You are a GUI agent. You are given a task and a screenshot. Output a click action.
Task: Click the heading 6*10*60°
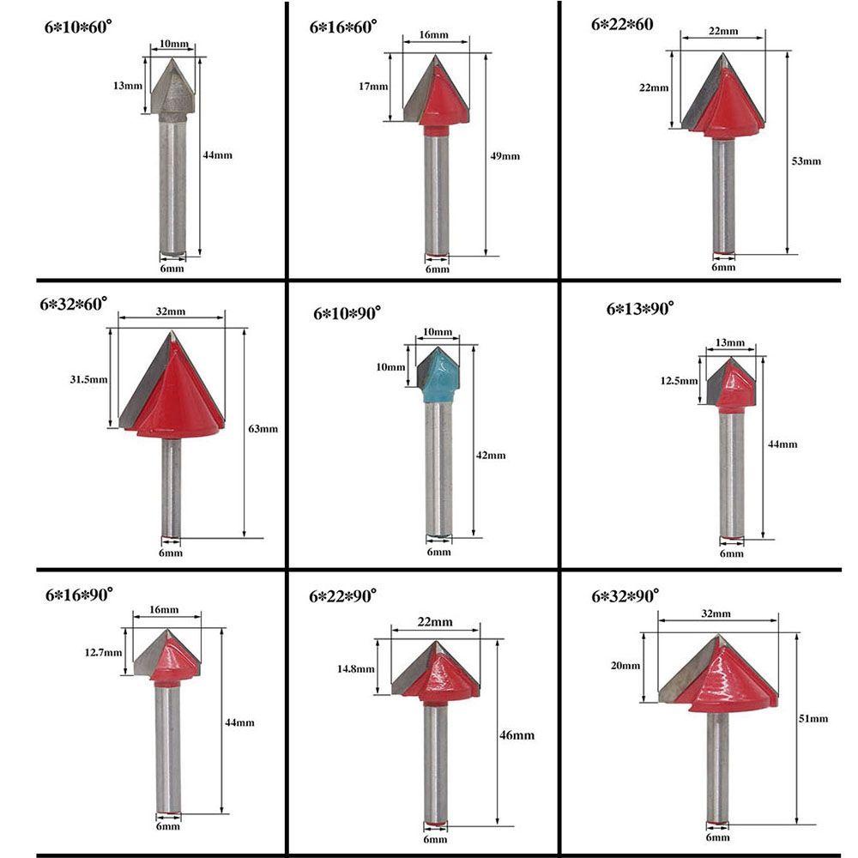coord(78,27)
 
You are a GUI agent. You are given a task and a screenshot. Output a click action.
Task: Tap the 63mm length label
coord(263,428)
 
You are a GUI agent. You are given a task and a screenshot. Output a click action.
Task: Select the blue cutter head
coord(438,376)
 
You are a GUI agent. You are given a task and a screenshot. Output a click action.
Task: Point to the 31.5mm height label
coord(88,379)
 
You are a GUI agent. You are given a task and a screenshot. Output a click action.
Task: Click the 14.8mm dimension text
coord(356,668)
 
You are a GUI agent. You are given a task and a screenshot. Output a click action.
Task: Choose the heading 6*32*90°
coord(625,595)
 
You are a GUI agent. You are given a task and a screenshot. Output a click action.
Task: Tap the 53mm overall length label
coord(807,161)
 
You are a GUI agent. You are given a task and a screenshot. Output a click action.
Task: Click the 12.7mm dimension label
coord(104,652)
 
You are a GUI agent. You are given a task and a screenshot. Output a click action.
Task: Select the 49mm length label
coord(505,156)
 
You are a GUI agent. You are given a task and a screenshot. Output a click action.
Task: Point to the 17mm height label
coord(373,86)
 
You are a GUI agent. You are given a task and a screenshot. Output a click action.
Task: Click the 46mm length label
coord(517,735)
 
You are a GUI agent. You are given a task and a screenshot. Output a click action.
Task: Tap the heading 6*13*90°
coord(640,309)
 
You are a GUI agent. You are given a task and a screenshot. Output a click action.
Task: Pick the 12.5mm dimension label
coord(679,380)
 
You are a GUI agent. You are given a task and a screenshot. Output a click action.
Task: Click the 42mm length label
coord(491,455)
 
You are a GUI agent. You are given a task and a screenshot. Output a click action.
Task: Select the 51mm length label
coord(813,718)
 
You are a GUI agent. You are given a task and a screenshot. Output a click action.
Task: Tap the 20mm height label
coord(625,666)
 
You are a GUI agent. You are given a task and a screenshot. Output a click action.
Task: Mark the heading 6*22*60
coord(622,24)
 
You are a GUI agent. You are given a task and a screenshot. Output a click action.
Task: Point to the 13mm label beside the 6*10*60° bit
coord(128,85)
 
